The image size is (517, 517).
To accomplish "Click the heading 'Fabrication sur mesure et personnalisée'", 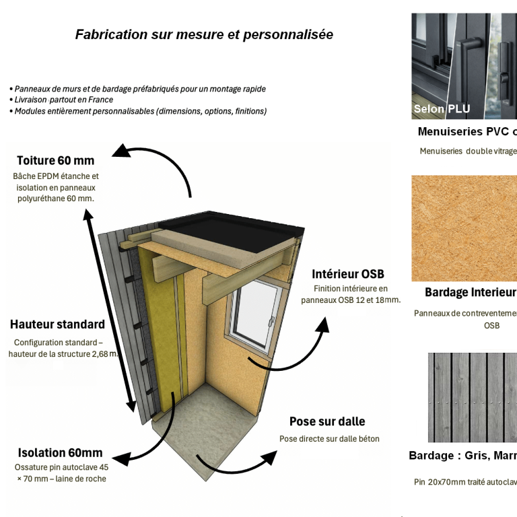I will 204,34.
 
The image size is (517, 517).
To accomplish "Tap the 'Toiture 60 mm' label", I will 55,160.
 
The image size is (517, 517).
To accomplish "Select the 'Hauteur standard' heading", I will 57,324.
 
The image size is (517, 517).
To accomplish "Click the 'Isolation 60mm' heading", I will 61,452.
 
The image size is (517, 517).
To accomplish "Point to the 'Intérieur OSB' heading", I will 348,274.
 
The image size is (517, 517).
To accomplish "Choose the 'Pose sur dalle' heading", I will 327,421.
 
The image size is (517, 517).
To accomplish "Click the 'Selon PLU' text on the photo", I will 442,108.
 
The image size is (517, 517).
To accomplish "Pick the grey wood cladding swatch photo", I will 473,397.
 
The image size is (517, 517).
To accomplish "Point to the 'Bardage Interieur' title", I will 470,292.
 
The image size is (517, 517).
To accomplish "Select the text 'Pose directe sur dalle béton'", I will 329,439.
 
